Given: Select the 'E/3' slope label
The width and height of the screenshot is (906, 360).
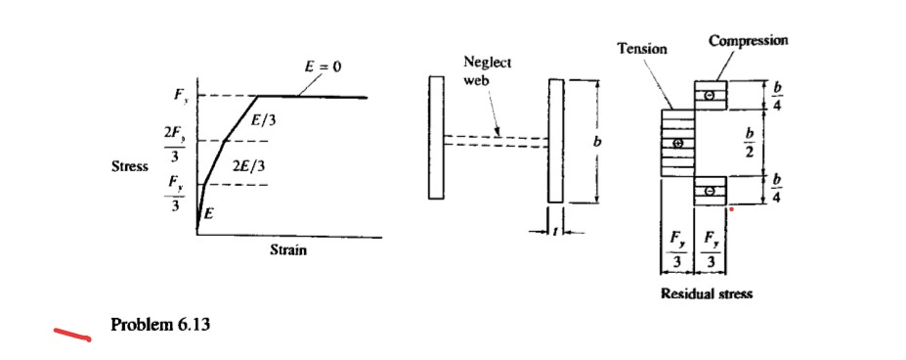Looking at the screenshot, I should point(264,120).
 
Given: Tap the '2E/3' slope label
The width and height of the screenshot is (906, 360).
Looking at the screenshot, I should point(246,165).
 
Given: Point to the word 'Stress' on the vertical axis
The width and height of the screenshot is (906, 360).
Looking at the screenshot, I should point(130,166).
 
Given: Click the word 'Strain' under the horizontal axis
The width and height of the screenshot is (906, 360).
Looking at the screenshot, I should point(288,250).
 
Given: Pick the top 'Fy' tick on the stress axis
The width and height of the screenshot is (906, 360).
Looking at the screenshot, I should point(178,96).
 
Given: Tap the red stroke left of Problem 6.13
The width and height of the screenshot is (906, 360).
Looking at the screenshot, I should point(71,336).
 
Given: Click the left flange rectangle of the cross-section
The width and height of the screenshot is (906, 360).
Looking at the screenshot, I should point(436,140).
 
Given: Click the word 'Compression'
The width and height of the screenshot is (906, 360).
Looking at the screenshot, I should point(748,40).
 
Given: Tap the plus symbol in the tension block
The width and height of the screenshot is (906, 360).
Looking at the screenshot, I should point(677,143).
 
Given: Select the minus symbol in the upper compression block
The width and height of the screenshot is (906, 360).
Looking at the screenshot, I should point(711,94).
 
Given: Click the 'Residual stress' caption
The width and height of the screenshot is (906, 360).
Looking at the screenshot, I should point(707,292).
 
